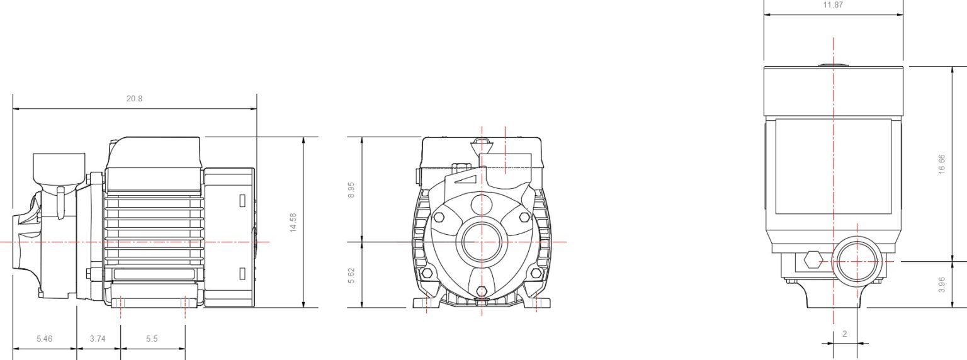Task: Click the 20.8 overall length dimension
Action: tap(134, 99)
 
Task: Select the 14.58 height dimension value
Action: tap(293, 223)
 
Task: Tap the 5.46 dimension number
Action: tap(44, 339)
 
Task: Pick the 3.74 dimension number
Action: tap(98, 339)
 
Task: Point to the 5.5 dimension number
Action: tap(152, 339)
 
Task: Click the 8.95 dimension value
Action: tap(351, 189)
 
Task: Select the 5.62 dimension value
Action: tap(351, 275)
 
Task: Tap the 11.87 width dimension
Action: tap(833, 5)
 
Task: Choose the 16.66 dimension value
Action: tap(942, 164)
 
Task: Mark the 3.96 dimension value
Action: tap(942, 284)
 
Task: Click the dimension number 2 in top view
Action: tap(844, 334)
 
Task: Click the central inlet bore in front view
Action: tap(482, 242)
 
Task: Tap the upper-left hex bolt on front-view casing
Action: tap(439, 217)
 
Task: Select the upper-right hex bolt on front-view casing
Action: tap(524, 217)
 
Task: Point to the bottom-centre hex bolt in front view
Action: tap(482, 291)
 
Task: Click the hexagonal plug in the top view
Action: tap(813, 259)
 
